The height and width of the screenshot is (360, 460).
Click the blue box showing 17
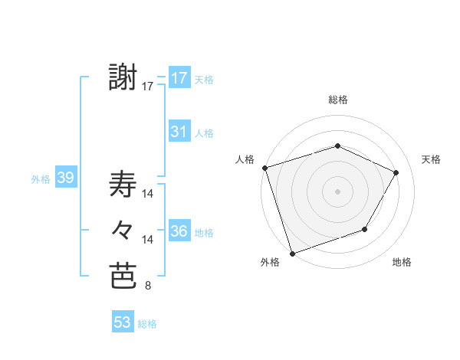[179, 78]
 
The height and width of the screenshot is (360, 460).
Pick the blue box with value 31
[179, 132]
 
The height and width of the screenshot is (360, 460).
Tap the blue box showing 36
[179, 231]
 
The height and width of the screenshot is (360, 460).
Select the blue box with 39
[65, 178]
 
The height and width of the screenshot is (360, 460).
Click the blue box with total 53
[123, 322]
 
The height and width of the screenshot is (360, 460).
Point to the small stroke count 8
[147, 286]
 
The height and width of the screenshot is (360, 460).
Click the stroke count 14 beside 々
[148, 240]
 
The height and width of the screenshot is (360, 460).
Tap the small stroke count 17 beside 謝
[148, 87]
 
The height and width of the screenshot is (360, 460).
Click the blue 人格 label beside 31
[204, 133]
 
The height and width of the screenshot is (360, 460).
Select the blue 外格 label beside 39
[41, 179]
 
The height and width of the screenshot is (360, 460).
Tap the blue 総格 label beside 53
[147, 323]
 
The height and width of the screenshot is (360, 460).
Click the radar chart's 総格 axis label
[337, 100]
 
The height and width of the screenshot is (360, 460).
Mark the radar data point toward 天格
[396, 172]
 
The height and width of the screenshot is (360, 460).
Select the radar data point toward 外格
[293, 252]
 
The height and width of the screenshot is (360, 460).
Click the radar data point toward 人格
[264, 168]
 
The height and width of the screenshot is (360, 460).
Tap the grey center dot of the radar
[337, 191]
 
